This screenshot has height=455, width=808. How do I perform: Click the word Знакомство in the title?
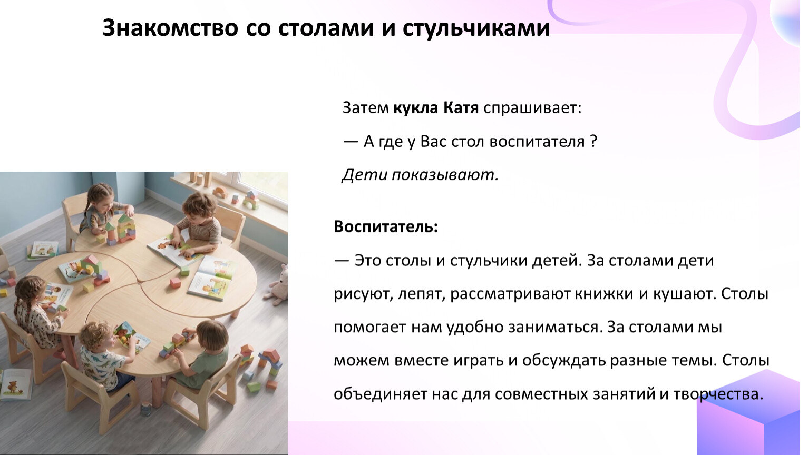pos(170,28)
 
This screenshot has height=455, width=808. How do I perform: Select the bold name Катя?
pos(461,108)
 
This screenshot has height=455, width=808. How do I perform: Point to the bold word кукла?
pos(415,108)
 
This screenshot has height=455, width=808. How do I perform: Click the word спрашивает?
pos(532,108)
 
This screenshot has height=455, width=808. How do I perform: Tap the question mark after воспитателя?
pos(593,141)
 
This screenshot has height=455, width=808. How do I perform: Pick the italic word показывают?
pos(445,175)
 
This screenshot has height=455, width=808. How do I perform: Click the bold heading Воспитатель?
pos(386,227)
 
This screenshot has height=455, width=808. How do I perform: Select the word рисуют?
pos(363,294)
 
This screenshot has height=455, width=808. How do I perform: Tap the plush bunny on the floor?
pos(278,285)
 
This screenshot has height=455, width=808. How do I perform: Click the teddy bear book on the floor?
pos(14,384)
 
